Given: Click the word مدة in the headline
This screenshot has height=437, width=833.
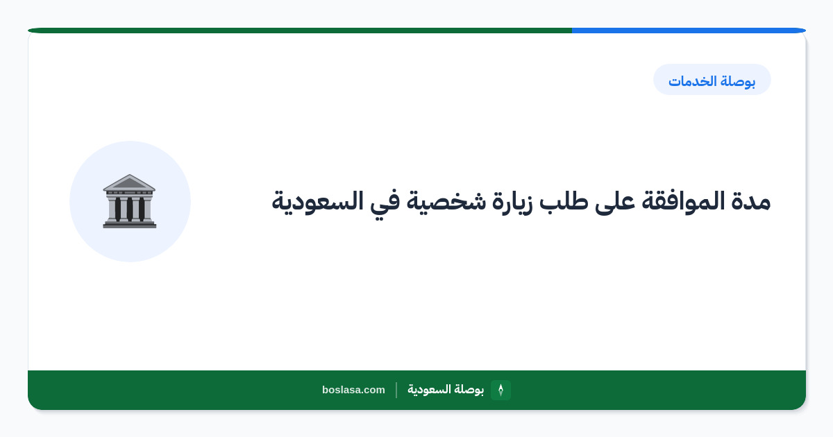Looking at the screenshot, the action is (x=750, y=201).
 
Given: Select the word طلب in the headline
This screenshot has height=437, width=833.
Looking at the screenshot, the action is (x=564, y=201).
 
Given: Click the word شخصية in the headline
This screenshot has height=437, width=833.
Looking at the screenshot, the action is (x=446, y=203).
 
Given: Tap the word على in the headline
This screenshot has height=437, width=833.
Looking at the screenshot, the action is (x=615, y=203).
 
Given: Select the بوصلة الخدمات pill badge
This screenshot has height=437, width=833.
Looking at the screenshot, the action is (x=712, y=80).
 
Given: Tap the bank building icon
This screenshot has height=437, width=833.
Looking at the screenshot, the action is (x=129, y=201).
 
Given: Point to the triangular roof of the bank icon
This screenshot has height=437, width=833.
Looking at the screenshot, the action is (x=129, y=182).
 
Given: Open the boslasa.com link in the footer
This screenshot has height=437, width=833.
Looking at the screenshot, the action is (x=353, y=390).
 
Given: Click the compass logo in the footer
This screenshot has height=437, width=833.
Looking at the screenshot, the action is (x=500, y=390).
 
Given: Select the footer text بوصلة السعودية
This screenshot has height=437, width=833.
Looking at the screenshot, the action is (x=446, y=389).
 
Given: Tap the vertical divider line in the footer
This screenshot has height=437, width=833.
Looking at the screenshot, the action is (x=396, y=390).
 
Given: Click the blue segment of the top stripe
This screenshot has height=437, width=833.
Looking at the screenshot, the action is (x=689, y=31).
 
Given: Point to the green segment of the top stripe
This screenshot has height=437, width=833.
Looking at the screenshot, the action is (x=300, y=31).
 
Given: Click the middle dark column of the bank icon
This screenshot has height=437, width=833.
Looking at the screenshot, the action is (x=129, y=209).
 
